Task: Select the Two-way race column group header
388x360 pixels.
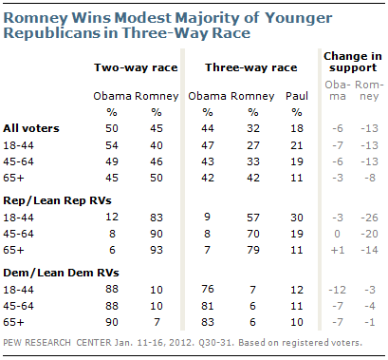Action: (x=136, y=67)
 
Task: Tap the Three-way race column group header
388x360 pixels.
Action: (x=251, y=67)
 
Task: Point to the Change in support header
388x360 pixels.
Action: (x=353, y=62)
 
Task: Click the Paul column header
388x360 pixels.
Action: (x=297, y=96)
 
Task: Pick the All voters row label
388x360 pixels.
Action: (x=31, y=128)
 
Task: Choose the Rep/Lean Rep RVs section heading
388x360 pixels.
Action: (x=57, y=200)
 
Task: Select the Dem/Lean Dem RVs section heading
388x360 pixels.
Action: (x=61, y=273)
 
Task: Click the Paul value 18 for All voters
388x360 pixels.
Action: (x=297, y=128)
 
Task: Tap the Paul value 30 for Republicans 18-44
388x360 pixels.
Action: (x=297, y=218)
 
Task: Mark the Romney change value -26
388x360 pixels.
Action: (x=369, y=218)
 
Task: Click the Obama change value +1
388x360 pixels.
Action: (x=337, y=250)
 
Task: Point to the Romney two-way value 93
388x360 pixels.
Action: (x=157, y=250)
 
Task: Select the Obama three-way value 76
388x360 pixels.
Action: (x=208, y=289)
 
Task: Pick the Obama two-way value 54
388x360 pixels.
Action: (x=112, y=145)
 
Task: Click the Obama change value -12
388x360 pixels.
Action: (x=337, y=290)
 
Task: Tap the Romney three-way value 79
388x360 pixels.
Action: (x=253, y=250)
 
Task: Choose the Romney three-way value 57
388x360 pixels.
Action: (x=253, y=218)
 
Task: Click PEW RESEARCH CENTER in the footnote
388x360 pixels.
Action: (x=57, y=343)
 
